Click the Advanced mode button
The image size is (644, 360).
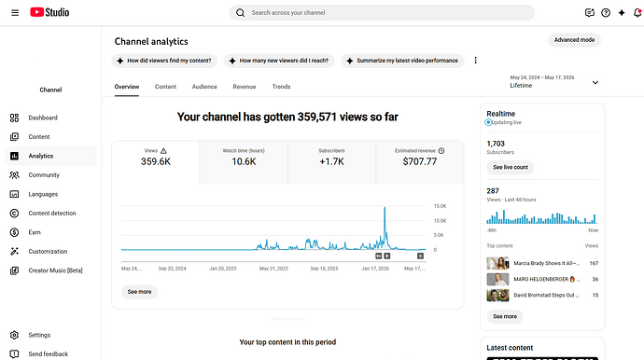click(574, 40)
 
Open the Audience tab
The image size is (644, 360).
click(204, 87)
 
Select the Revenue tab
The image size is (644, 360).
click(245, 87)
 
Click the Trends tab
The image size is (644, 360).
click(281, 87)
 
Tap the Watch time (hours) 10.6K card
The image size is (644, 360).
click(244, 162)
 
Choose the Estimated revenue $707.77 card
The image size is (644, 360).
click(420, 162)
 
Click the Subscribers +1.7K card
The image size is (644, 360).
click(332, 162)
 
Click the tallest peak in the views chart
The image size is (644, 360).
click(385, 208)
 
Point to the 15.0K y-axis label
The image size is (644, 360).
click(440, 206)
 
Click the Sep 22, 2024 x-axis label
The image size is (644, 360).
click(172, 269)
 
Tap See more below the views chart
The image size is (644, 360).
click(139, 292)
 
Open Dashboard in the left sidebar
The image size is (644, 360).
click(43, 118)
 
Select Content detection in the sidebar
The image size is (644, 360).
click(52, 213)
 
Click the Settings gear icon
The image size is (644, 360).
click(14, 335)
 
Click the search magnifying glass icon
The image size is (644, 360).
click(240, 13)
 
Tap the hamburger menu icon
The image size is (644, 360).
click(15, 13)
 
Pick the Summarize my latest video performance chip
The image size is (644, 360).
click(402, 61)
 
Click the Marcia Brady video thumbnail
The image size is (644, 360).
click(497, 263)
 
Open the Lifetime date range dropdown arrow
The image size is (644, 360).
click(595, 82)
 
